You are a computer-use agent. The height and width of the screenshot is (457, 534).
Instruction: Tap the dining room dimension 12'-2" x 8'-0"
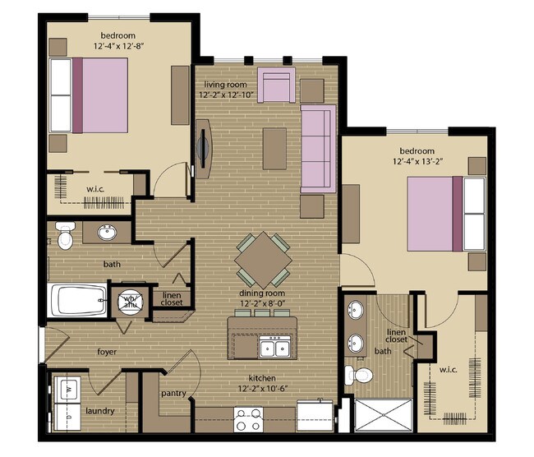(x=264, y=303)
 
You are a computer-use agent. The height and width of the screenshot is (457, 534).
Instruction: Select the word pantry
(x=174, y=394)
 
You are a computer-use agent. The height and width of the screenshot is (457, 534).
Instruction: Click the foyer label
(x=106, y=352)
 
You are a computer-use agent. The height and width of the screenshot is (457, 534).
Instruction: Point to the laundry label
(x=99, y=410)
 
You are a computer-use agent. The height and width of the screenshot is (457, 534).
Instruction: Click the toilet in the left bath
(x=65, y=235)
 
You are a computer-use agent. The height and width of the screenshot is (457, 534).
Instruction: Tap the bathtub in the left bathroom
(x=78, y=299)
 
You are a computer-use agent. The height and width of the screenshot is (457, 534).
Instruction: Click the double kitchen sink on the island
(x=274, y=349)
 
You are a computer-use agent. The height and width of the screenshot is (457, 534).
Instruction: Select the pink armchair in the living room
(x=276, y=85)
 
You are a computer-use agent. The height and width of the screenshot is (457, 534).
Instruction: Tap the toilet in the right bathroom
(x=359, y=376)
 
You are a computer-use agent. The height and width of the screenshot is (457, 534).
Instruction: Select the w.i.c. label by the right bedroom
(x=449, y=370)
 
